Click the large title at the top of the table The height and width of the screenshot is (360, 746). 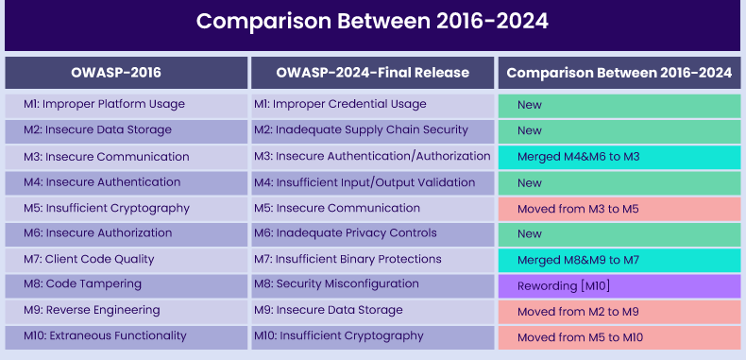click(372, 23)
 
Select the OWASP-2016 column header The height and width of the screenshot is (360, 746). click(126, 73)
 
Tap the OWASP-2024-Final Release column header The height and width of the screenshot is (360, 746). click(372, 73)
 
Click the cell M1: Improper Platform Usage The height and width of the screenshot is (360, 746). click(126, 104)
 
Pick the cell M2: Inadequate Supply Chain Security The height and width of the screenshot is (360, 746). click(372, 130)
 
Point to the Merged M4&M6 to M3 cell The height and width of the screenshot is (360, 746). click(619, 156)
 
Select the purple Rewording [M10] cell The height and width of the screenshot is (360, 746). click(619, 284)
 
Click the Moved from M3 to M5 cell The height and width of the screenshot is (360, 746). click(619, 208)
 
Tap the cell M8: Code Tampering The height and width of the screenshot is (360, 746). click(126, 284)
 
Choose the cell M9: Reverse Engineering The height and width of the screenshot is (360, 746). click(126, 310)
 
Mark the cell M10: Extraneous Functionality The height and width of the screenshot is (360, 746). click(126, 335)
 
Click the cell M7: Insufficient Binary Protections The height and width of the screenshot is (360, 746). click(372, 259)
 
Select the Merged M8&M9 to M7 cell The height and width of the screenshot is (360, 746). click(619, 259)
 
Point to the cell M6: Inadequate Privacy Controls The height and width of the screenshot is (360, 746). click(372, 233)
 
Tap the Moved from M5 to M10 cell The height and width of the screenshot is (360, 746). click(619, 335)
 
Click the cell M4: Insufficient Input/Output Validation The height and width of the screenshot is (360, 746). click(372, 182)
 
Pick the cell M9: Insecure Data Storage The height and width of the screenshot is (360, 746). click(372, 310)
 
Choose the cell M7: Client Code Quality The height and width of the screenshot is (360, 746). click(126, 259)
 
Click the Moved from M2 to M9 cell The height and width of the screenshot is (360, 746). click(619, 310)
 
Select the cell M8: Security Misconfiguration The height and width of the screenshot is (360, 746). click(372, 284)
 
